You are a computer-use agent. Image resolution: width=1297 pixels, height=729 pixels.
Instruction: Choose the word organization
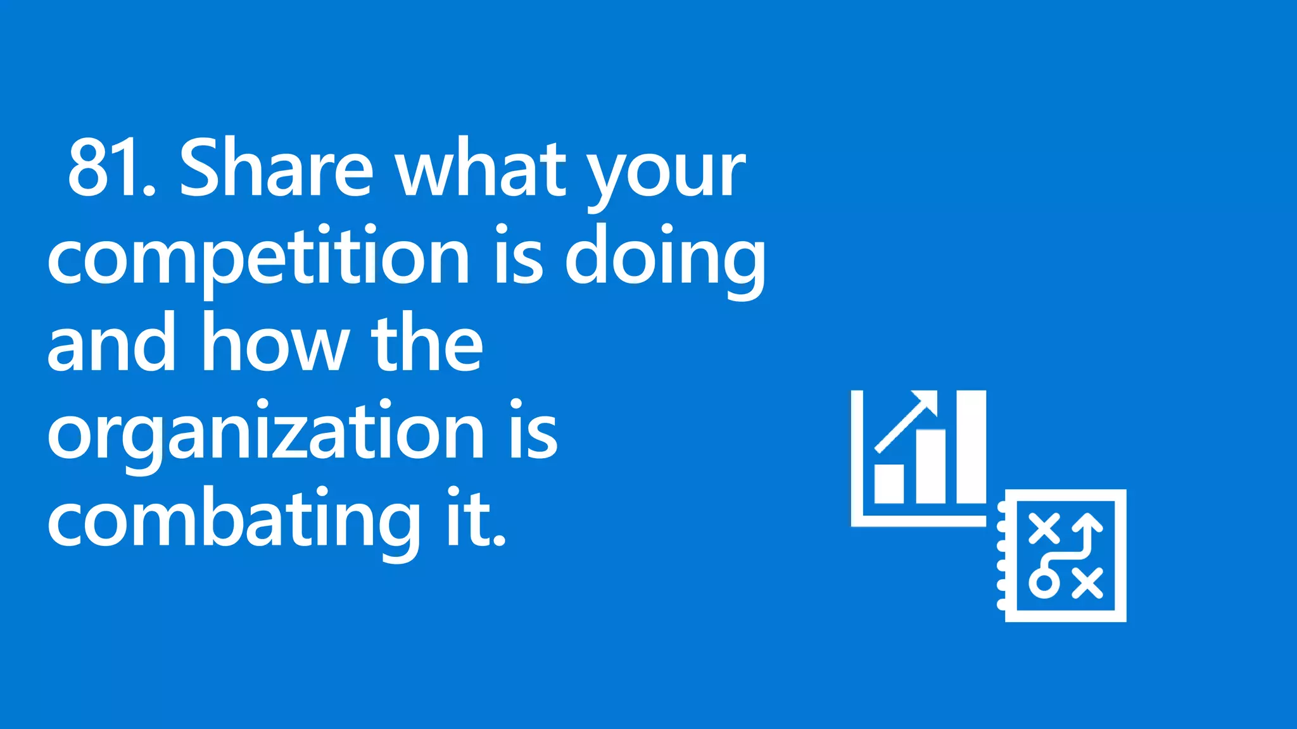[x=266, y=433]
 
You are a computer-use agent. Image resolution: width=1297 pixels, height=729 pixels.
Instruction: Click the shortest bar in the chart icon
[x=889, y=483]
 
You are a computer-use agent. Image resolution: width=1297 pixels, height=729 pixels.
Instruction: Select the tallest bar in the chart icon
[x=971, y=447]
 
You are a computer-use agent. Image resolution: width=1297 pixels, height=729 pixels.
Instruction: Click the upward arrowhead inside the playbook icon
[x=1089, y=523]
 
